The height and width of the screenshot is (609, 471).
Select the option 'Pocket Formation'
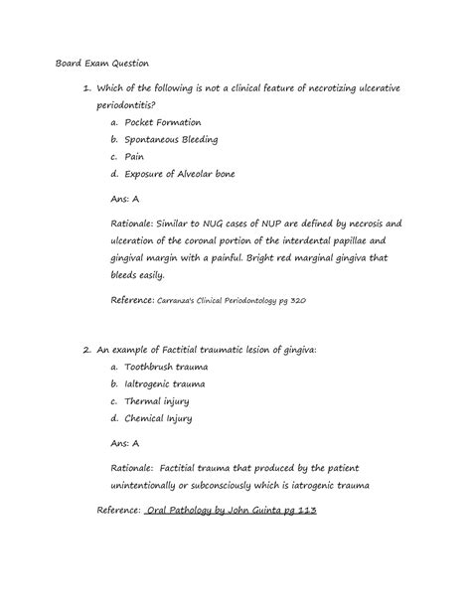click(x=165, y=121)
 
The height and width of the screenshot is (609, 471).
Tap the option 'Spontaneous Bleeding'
click(x=172, y=139)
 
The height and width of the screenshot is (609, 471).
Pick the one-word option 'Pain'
click(x=136, y=157)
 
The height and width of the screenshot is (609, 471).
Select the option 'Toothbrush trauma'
click(x=166, y=367)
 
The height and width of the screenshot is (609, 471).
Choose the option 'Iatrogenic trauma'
click(x=166, y=383)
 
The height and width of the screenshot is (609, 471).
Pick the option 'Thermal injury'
click(x=157, y=401)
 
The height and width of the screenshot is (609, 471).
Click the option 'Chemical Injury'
click(x=159, y=418)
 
